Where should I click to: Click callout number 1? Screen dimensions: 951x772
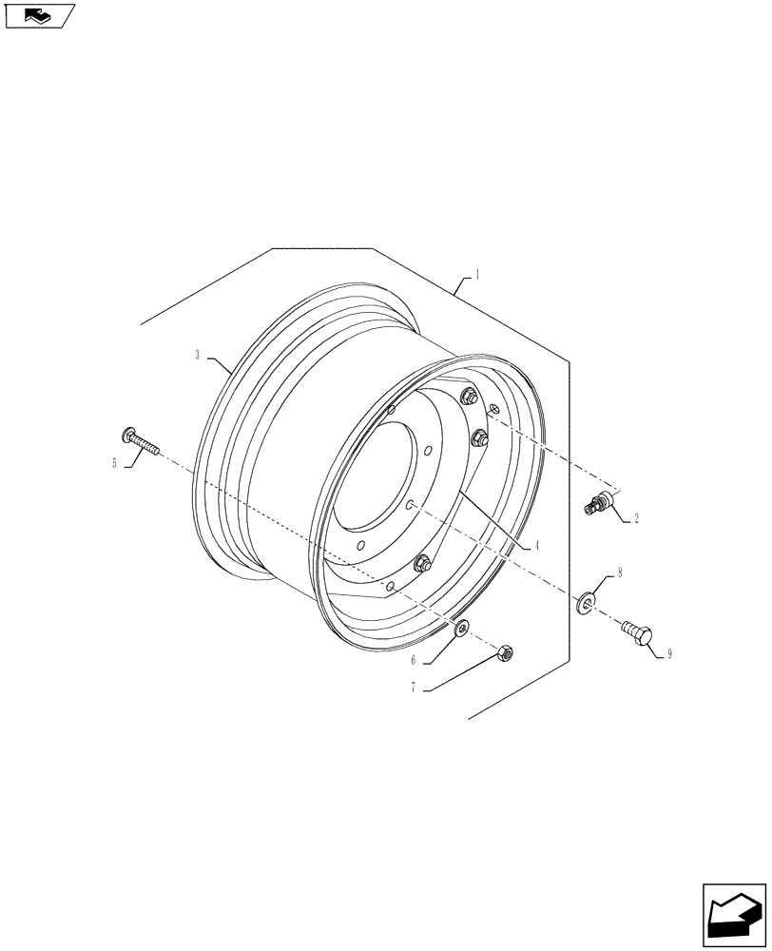tap(476, 274)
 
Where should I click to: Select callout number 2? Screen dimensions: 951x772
tap(635, 519)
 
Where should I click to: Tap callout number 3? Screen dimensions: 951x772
tap(197, 355)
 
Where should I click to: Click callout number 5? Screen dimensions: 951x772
tap(115, 463)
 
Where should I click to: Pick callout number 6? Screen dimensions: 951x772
tap(414, 660)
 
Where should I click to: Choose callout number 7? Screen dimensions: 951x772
tap(414, 688)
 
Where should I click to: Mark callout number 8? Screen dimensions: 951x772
tap(619, 573)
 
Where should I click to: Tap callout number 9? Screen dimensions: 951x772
tap(669, 654)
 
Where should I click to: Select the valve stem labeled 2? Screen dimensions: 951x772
tap(598, 505)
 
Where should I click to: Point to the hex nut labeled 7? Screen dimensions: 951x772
tap(506, 652)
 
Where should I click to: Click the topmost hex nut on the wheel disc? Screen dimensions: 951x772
tap(467, 397)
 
